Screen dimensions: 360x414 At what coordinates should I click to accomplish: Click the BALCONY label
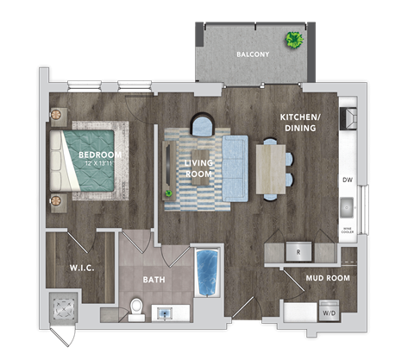(253, 55)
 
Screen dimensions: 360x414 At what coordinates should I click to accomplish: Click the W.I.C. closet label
(81, 267)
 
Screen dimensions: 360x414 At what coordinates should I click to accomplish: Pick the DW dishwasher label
(348, 180)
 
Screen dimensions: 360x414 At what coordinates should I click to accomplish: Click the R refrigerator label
(298, 253)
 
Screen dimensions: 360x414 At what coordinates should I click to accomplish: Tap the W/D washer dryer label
(329, 313)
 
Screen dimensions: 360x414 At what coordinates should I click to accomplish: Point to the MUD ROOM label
(327, 280)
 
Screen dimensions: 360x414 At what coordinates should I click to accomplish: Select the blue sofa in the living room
(235, 169)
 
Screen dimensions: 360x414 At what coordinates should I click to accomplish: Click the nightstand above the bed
(60, 117)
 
